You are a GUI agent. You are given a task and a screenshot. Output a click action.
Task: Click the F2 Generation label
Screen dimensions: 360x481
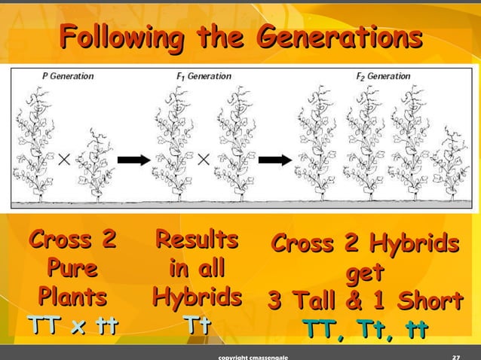[384, 76]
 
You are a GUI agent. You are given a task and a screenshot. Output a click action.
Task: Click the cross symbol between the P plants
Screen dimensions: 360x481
[66, 160]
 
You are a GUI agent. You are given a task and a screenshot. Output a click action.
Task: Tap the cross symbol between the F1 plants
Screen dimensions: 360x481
[203, 160]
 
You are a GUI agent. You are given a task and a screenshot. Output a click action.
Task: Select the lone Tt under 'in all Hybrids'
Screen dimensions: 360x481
[197, 325]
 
